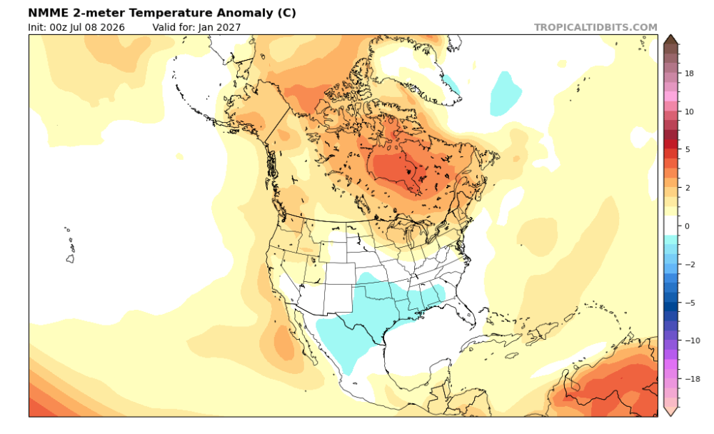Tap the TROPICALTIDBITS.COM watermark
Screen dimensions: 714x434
click(595, 27)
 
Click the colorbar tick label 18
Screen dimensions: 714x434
click(689, 74)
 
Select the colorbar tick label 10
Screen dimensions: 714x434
click(689, 111)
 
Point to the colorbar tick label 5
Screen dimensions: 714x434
click(687, 149)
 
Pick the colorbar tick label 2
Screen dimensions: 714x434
click(687, 188)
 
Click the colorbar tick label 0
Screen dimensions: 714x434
click(687, 226)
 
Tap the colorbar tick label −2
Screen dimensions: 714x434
click(690, 264)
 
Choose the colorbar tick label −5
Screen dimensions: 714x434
click(690, 303)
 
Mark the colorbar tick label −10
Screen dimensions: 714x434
click(692, 340)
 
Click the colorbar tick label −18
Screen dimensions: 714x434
click(692, 378)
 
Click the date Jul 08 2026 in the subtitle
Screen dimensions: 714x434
click(97, 27)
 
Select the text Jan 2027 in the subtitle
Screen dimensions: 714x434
click(219, 27)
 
